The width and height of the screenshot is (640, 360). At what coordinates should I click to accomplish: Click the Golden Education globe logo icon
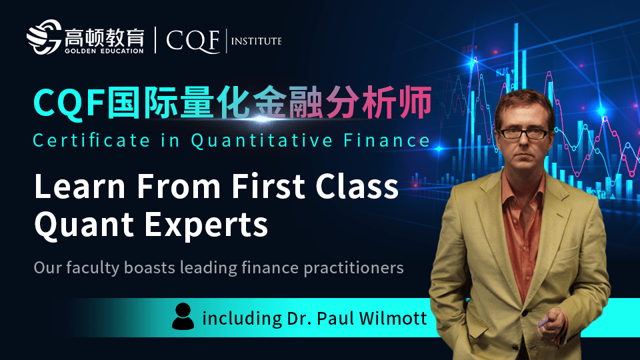click(x=44, y=37)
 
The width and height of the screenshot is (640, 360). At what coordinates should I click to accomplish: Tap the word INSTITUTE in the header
click(x=256, y=41)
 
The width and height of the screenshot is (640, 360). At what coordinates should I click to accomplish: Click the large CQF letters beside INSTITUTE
click(x=193, y=41)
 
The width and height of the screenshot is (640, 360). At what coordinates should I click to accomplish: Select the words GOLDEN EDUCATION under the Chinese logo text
click(x=104, y=51)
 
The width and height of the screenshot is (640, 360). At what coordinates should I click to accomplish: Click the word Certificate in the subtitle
click(x=92, y=141)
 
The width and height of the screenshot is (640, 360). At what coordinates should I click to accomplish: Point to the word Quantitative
click(x=261, y=141)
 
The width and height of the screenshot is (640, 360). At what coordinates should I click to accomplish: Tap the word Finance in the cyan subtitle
click(x=387, y=141)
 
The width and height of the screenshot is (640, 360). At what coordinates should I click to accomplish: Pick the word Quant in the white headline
click(x=84, y=224)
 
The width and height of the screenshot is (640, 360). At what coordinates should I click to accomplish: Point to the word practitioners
click(x=353, y=268)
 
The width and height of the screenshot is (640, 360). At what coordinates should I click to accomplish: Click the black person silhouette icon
click(x=183, y=316)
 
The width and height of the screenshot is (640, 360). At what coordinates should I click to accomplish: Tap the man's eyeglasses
click(x=524, y=133)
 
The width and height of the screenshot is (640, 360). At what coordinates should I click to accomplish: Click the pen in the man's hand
click(x=545, y=323)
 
